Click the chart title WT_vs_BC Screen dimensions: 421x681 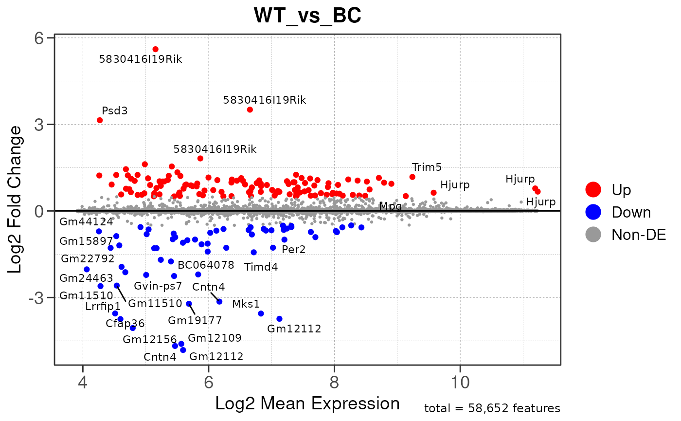tap(307, 16)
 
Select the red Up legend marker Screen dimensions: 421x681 tap(593, 189)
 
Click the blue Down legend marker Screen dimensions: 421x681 tap(593, 212)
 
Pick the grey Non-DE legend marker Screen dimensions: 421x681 tap(593, 235)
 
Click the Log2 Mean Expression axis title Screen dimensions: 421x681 tap(307, 403)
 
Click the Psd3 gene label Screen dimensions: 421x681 tap(115, 110)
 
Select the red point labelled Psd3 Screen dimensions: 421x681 tap(100, 120)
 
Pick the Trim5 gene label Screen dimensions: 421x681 tap(427, 167)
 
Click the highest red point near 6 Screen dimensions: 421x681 tap(156, 49)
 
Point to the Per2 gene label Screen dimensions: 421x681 tap(294, 250)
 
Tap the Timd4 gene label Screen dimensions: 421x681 tap(261, 267)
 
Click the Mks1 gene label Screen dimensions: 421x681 tap(246, 304)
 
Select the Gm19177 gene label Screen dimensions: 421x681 tap(195, 320)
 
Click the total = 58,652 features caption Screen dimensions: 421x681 tap(492, 408)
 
